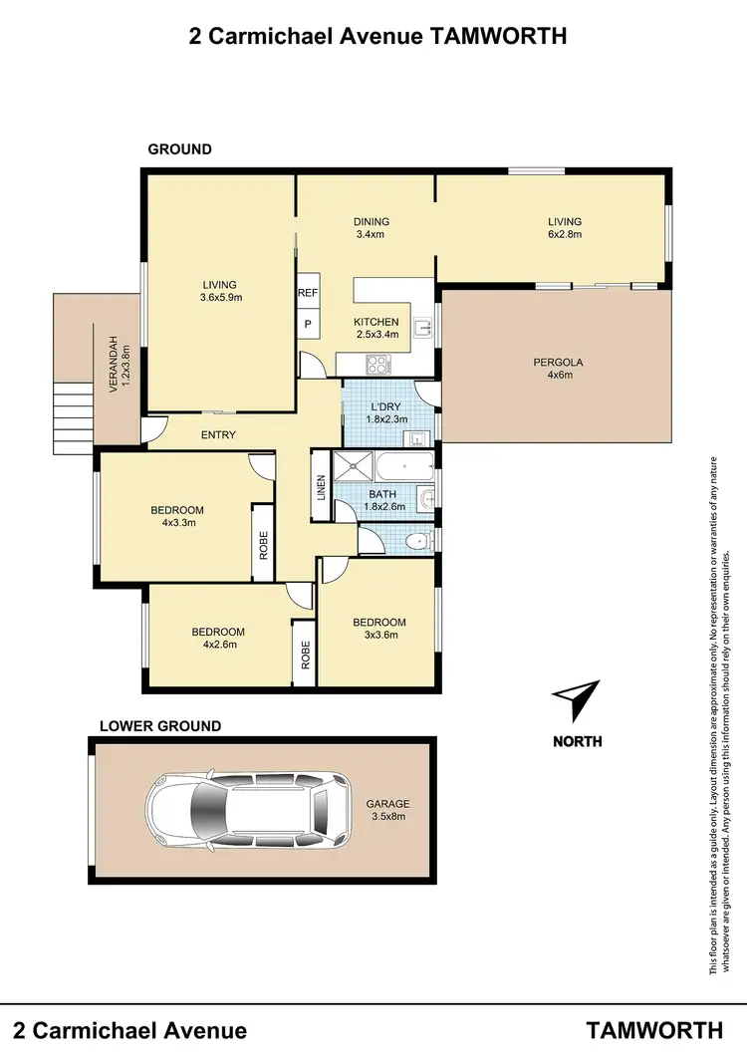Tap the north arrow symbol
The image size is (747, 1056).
[x=577, y=701]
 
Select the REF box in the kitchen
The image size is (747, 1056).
[x=306, y=294]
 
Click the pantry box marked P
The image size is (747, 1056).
[x=306, y=325]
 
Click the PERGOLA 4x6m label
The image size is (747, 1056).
[x=558, y=369]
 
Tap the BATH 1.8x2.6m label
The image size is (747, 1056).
[x=382, y=500]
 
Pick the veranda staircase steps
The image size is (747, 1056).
[x=73, y=418]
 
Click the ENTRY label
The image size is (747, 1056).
[x=218, y=435]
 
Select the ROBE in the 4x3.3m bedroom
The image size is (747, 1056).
[x=263, y=542]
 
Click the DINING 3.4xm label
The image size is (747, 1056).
[x=371, y=228]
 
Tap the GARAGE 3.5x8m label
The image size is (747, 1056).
[x=387, y=810]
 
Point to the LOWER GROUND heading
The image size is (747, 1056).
[x=160, y=726]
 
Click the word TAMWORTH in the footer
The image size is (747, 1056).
[x=654, y=1030]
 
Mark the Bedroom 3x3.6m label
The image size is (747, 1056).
[x=379, y=630]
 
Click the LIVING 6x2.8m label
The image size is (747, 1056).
[x=563, y=228]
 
